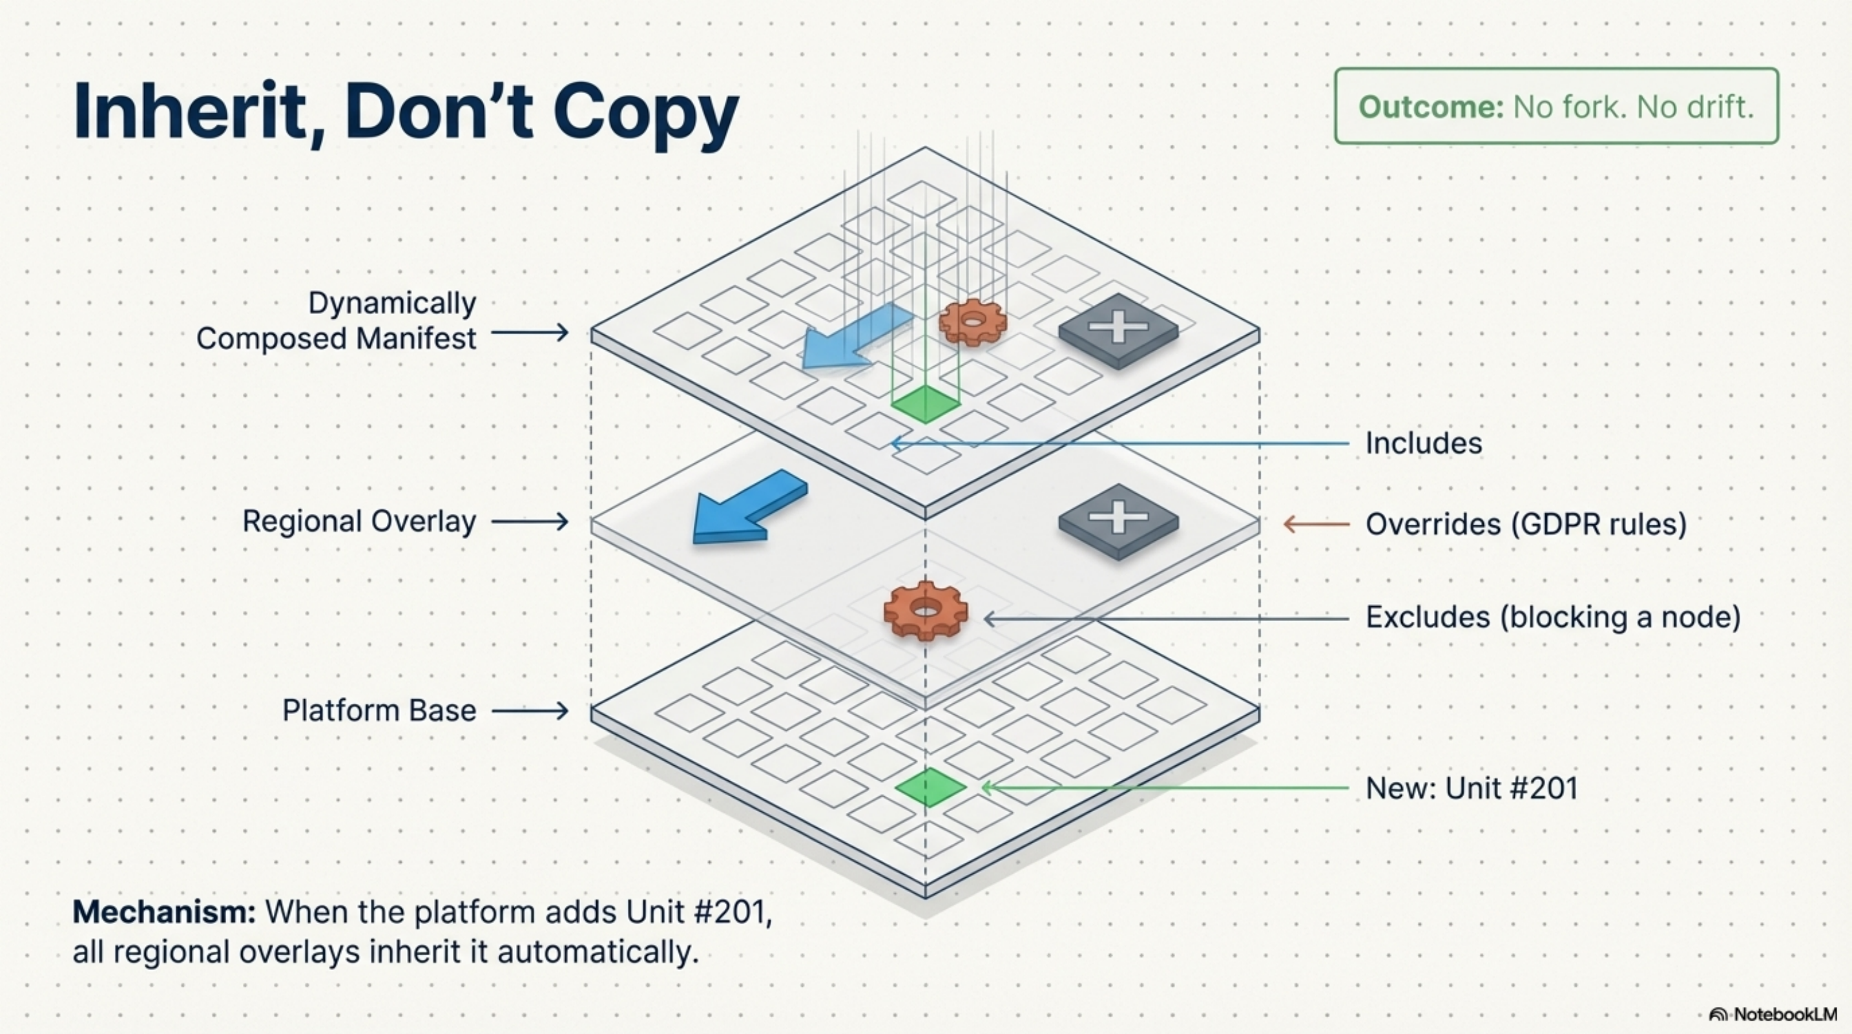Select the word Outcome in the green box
(x=1430, y=107)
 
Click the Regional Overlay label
(x=359, y=522)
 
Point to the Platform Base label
(x=379, y=710)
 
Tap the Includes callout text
(x=1423, y=443)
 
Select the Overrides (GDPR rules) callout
(x=1526, y=524)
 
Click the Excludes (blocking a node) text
(x=1552, y=617)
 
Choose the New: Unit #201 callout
(x=1471, y=788)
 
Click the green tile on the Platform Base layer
(x=930, y=786)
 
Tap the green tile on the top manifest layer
(x=925, y=403)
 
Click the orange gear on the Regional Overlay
(x=925, y=610)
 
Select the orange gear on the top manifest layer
(x=972, y=322)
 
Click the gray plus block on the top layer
(x=1118, y=330)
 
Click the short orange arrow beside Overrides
(x=1316, y=524)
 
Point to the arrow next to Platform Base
(x=530, y=711)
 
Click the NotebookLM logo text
(x=1784, y=1014)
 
